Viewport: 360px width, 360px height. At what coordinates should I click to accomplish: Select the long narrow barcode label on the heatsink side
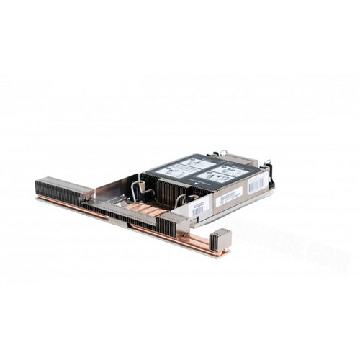229,196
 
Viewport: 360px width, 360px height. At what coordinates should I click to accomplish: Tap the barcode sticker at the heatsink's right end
256,184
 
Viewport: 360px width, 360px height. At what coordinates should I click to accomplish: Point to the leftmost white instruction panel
172,171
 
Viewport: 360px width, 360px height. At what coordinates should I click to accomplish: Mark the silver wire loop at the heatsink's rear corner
222,153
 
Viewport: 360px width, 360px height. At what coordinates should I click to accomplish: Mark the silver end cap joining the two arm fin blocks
88,194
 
